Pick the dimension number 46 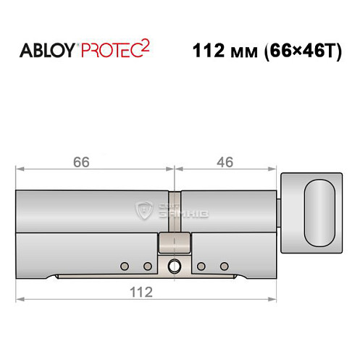click(x=225, y=163)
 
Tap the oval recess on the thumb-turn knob click(x=320, y=214)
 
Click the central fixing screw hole click(x=174, y=266)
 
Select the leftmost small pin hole click(x=124, y=264)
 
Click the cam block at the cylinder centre click(x=174, y=243)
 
